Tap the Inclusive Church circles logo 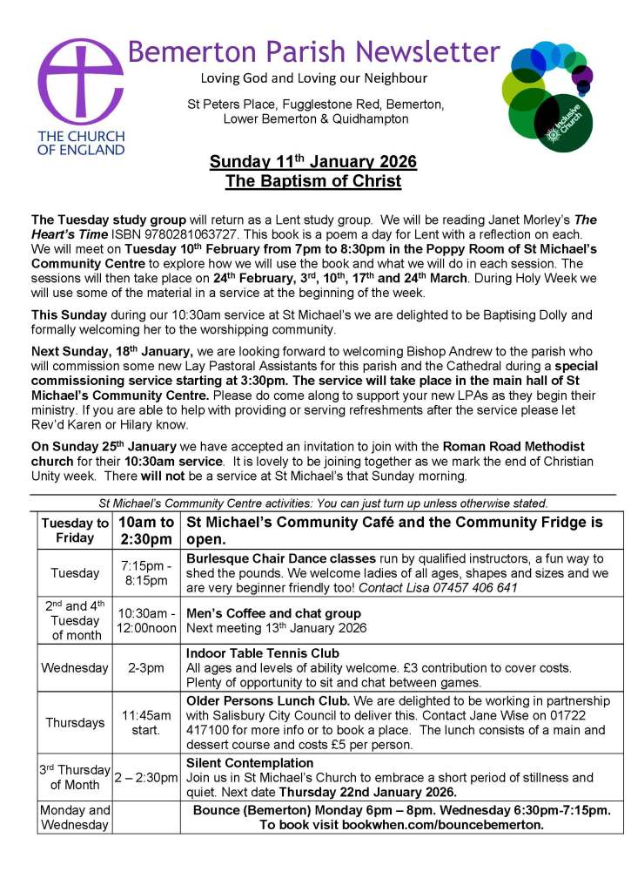[548, 94]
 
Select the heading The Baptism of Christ [313, 181]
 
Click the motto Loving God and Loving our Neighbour [313, 79]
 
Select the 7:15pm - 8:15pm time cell [146, 572]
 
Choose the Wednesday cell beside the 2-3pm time [75, 668]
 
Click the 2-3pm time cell [146, 668]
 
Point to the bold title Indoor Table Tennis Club [263, 653]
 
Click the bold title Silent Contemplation [250, 763]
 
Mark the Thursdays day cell [75, 722]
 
